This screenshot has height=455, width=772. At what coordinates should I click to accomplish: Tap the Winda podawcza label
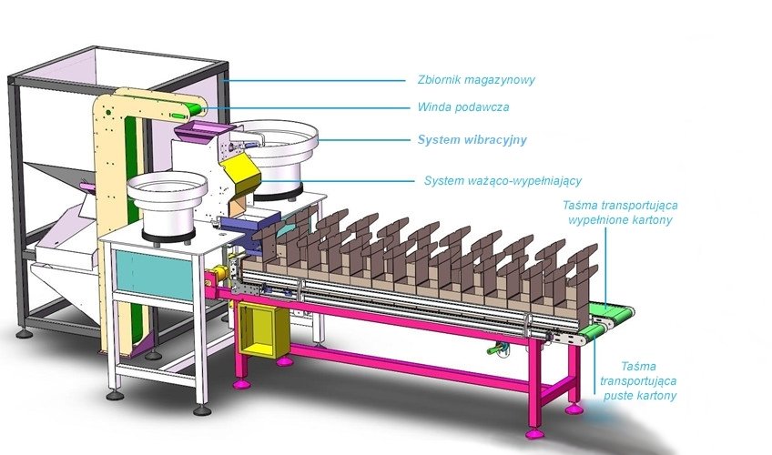(462, 106)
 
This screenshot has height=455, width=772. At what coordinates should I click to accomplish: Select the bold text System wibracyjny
(472, 140)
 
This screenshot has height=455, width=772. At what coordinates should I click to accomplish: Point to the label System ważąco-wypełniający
(503, 180)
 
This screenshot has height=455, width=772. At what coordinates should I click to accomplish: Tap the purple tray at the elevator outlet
(193, 133)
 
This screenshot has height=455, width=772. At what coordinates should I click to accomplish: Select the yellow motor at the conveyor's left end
(218, 278)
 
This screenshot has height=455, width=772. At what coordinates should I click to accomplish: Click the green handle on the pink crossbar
(495, 349)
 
